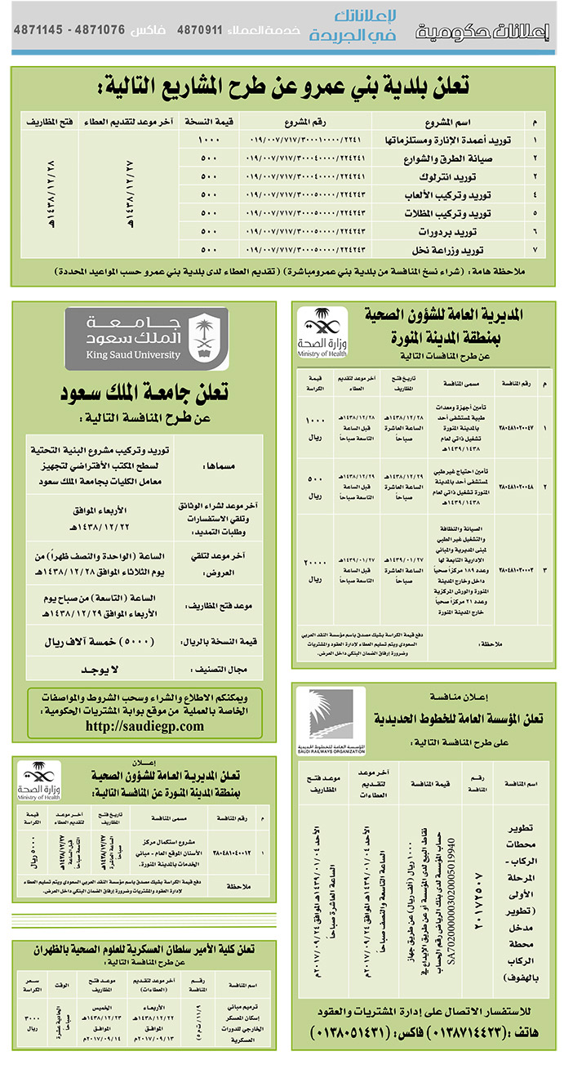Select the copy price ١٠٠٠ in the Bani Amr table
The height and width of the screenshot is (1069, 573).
pyautogui.click(x=210, y=140)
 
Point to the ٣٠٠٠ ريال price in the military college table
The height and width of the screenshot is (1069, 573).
pyautogui.click(x=32, y=1021)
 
